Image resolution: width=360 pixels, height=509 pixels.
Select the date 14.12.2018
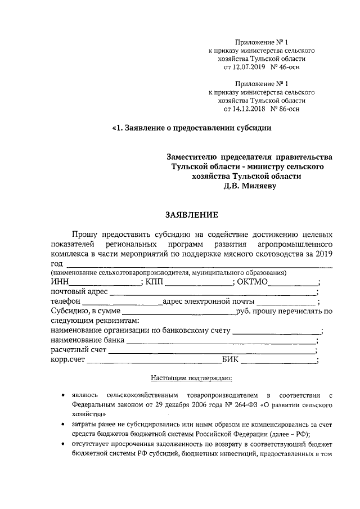(248, 108)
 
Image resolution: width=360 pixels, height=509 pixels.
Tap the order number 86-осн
(287, 108)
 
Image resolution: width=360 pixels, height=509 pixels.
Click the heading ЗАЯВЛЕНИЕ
(189, 214)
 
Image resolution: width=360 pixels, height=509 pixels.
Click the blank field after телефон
(120, 304)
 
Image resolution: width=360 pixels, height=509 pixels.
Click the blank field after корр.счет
(152, 363)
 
